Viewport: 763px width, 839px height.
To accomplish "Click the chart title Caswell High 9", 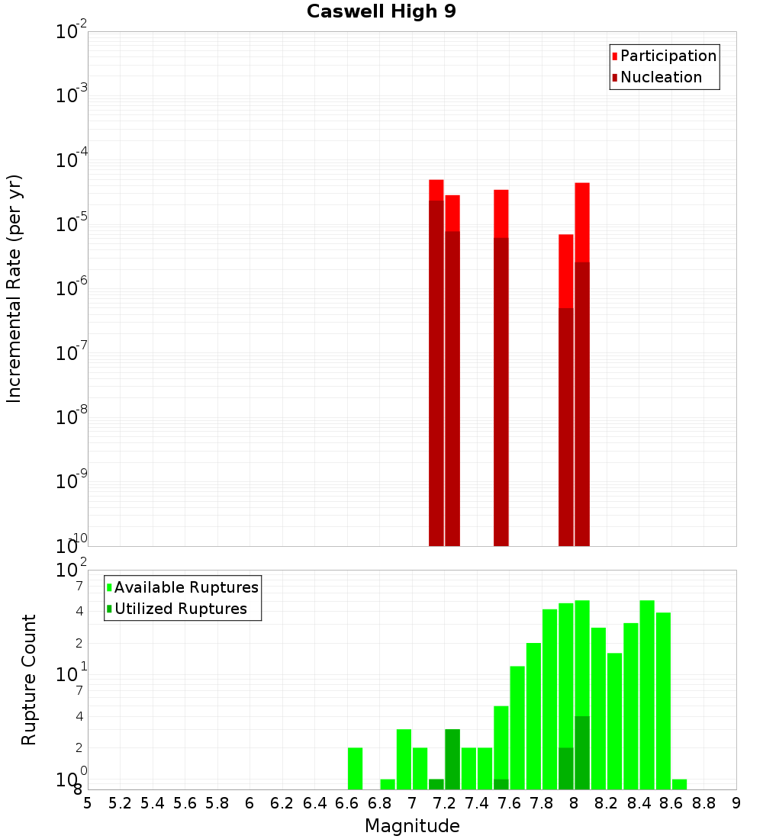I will (x=381, y=12).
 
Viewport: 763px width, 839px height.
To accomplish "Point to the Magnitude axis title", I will (x=412, y=826).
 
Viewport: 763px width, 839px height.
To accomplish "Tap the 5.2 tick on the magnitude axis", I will (x=121, y=803).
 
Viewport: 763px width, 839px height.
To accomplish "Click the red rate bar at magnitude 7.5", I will (x=501, y=214).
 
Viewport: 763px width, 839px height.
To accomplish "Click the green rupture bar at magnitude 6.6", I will (x=356, y=768).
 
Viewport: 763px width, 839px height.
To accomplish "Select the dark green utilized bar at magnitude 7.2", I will (x=452, y=759).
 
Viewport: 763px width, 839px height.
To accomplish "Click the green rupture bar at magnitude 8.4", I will (x=647, y=694).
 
